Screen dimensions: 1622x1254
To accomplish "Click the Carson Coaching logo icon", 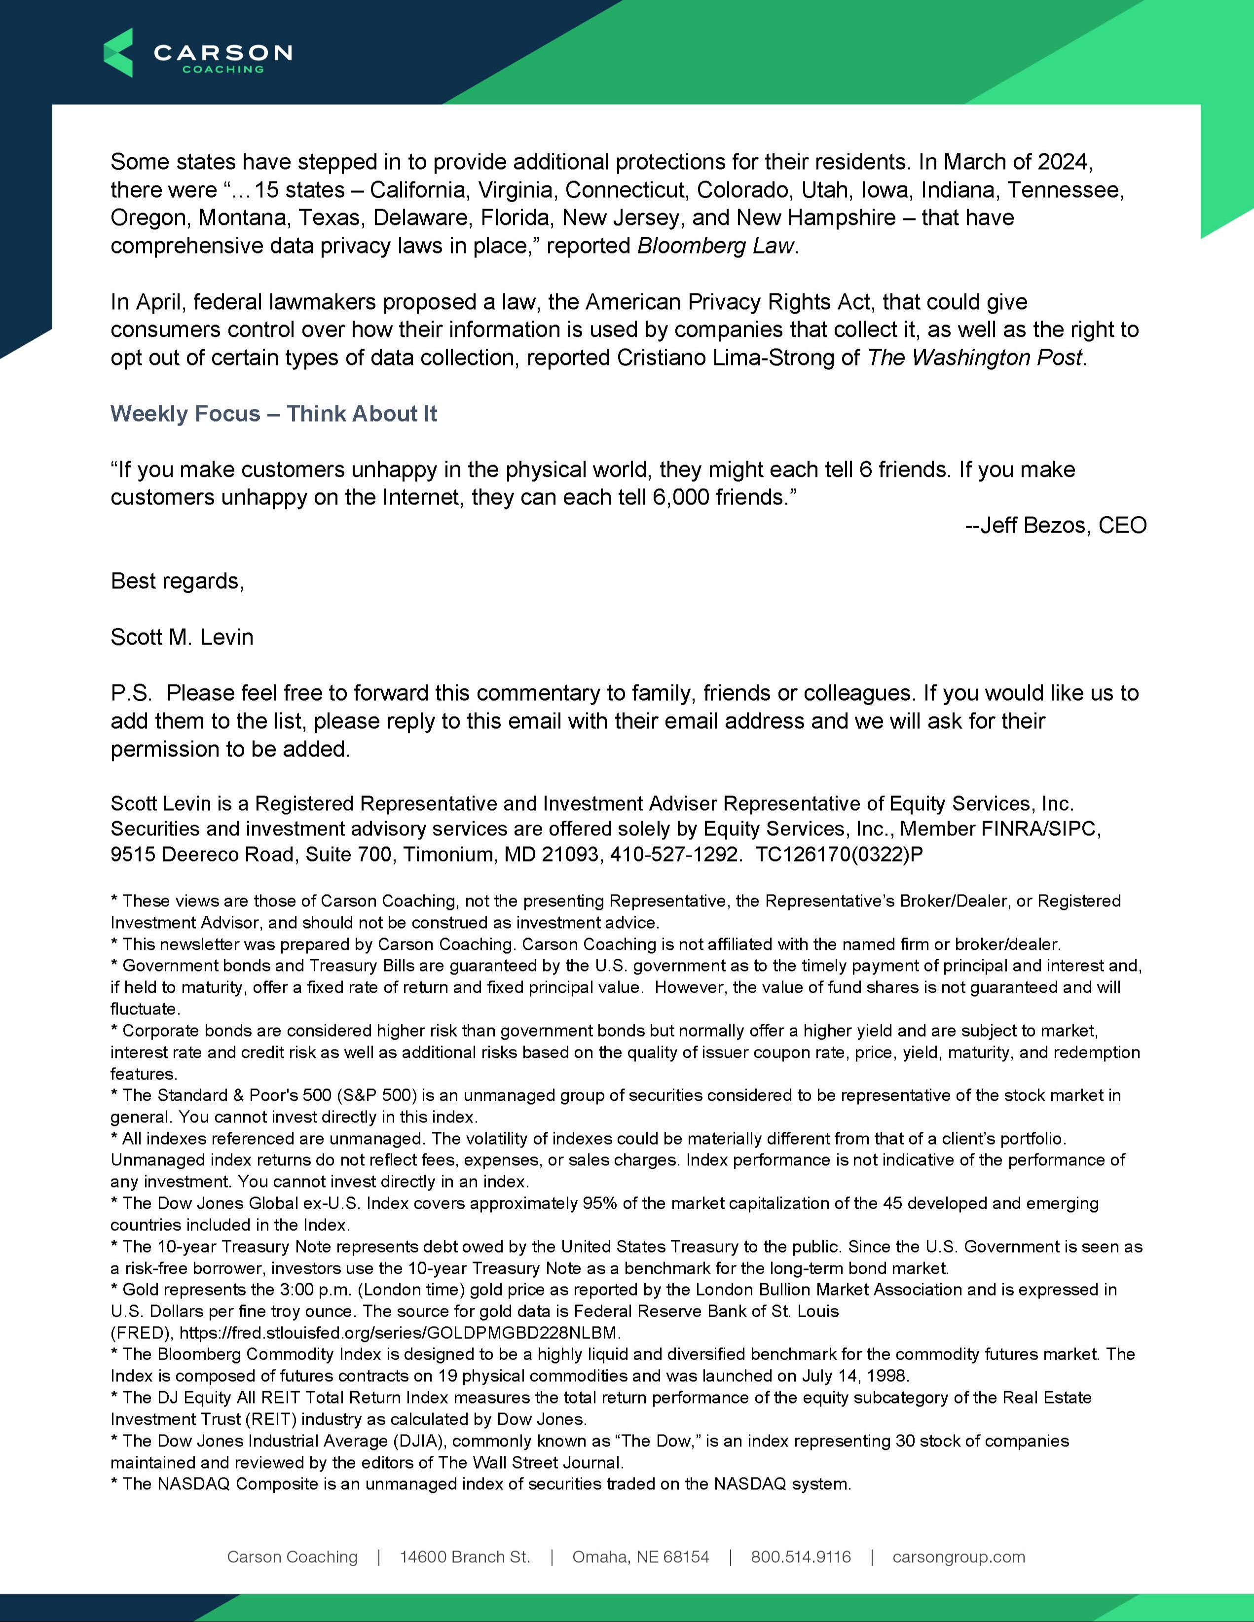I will point(118,53).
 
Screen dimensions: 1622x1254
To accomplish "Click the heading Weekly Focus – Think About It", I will point(273,414).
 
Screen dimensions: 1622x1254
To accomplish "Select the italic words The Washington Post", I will point(975,358).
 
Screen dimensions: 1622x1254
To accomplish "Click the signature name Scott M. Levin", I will point(182,637).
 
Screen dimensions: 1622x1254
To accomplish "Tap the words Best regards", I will point(177,581).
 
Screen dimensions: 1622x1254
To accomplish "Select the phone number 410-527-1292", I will point(674,855).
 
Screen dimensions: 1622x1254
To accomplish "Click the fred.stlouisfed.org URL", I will point(400,1333).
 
